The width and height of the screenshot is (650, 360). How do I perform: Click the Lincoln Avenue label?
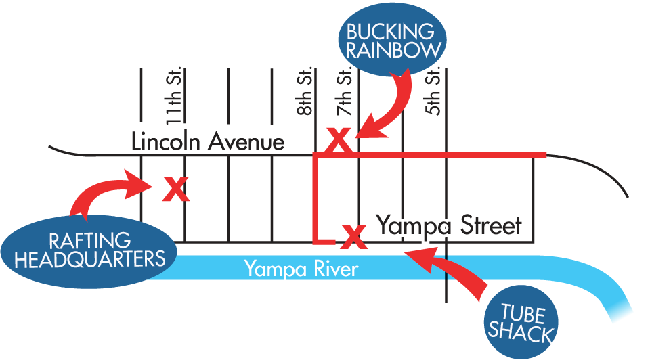coord(207,142)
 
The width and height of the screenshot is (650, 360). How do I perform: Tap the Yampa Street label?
coord(449,225)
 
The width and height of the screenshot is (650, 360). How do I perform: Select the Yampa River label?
coord(301,269)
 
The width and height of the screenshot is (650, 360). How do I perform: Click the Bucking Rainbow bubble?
coord(392,40)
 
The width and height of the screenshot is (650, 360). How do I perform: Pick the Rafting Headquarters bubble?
coord(89,250)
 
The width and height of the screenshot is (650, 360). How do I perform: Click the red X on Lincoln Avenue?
coord(339,140)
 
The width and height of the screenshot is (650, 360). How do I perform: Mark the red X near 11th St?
coord(176,189)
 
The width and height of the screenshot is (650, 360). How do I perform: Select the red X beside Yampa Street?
coord(352,236)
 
